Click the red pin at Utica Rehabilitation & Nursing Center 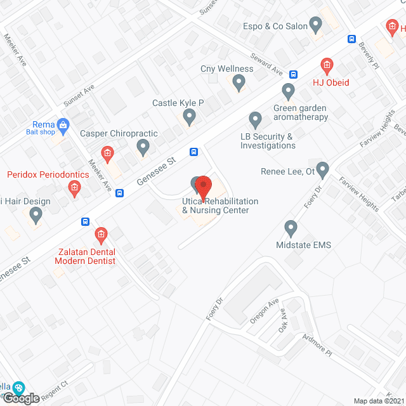202,187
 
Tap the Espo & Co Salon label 275,27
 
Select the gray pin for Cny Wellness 239,82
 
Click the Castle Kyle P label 178,103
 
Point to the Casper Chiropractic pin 143,148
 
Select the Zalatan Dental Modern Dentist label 85,256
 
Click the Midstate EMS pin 291,228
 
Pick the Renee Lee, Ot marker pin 323,170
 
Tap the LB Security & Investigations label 268,141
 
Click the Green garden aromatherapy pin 289,92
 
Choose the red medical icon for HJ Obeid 327,65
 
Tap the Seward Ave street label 266,62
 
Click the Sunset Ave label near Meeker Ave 79,96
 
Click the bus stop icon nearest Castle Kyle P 194,152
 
